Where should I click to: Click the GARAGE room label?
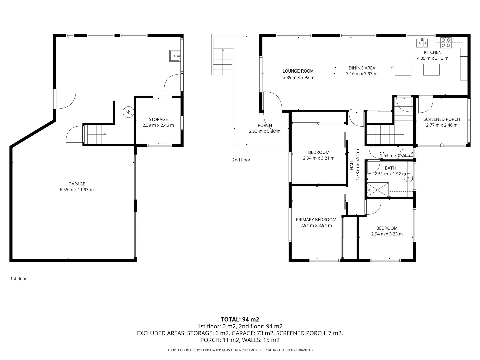77,184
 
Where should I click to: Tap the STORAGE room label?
158,119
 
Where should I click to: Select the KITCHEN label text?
432,52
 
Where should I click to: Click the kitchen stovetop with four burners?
445,42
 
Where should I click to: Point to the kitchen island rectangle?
431,70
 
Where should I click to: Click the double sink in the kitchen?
422,43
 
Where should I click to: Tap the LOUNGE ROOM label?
298,71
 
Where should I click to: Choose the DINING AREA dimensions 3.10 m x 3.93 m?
361,74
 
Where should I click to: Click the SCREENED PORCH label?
442,119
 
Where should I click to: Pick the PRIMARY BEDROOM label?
316,220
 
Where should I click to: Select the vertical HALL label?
352,165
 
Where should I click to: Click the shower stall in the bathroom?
377,190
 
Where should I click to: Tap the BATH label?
390,168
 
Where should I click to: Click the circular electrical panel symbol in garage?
128,112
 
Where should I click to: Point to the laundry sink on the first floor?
175,56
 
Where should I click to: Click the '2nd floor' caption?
241,160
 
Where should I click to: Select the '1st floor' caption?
18,279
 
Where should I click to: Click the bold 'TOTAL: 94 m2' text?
240,319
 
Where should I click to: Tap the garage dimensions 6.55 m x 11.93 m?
77,190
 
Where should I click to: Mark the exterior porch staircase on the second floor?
223,62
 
